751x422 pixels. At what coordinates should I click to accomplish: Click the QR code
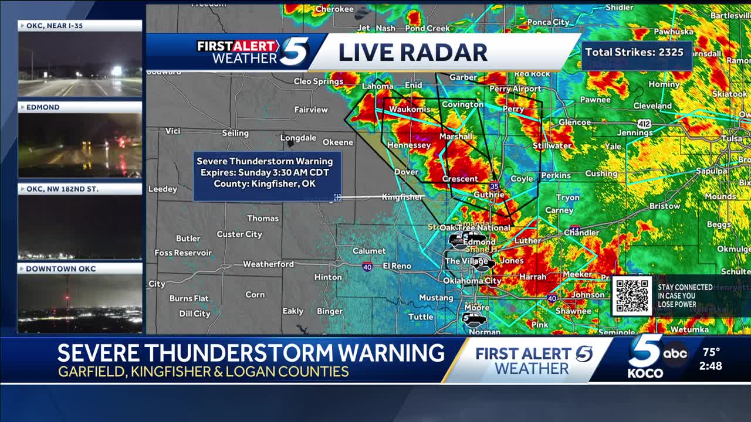pyautogui.click(x=632, y=295)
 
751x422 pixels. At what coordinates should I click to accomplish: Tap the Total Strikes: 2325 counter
pyautogui.click(x=634, y=52)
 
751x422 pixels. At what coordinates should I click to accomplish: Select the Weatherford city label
pyautogui.click(x=268, y=264)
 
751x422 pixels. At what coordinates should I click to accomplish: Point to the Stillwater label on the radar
pyautogui.click(x=552, y=145)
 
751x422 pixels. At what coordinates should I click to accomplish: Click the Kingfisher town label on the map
pyautogui.click(x=402, y=197)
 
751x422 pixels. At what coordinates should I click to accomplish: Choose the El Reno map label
pyautogui.click(x=397, y=266)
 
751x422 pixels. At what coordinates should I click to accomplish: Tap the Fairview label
pyautogui.click(x=311, y=110)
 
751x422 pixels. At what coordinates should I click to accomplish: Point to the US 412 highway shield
pyautogui.click(x=644, y=124)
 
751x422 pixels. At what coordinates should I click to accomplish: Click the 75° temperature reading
pyautogui.click(x=711, y=352)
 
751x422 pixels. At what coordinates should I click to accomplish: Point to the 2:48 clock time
pyautogui.click(x=711, y=366)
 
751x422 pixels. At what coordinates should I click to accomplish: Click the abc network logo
pyautogui.click(x=675, y=353)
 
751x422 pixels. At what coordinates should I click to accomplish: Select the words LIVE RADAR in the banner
pyautogui.click(x=412, y=52)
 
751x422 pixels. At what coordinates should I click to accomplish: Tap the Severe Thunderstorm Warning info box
pyautogui.click(x=265, y=172)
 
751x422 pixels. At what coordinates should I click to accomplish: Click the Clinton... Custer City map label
pyautogui.click(x=239, y=234)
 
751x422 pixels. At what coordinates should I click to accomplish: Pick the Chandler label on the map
pyautogui.click(x=581, y=233)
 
